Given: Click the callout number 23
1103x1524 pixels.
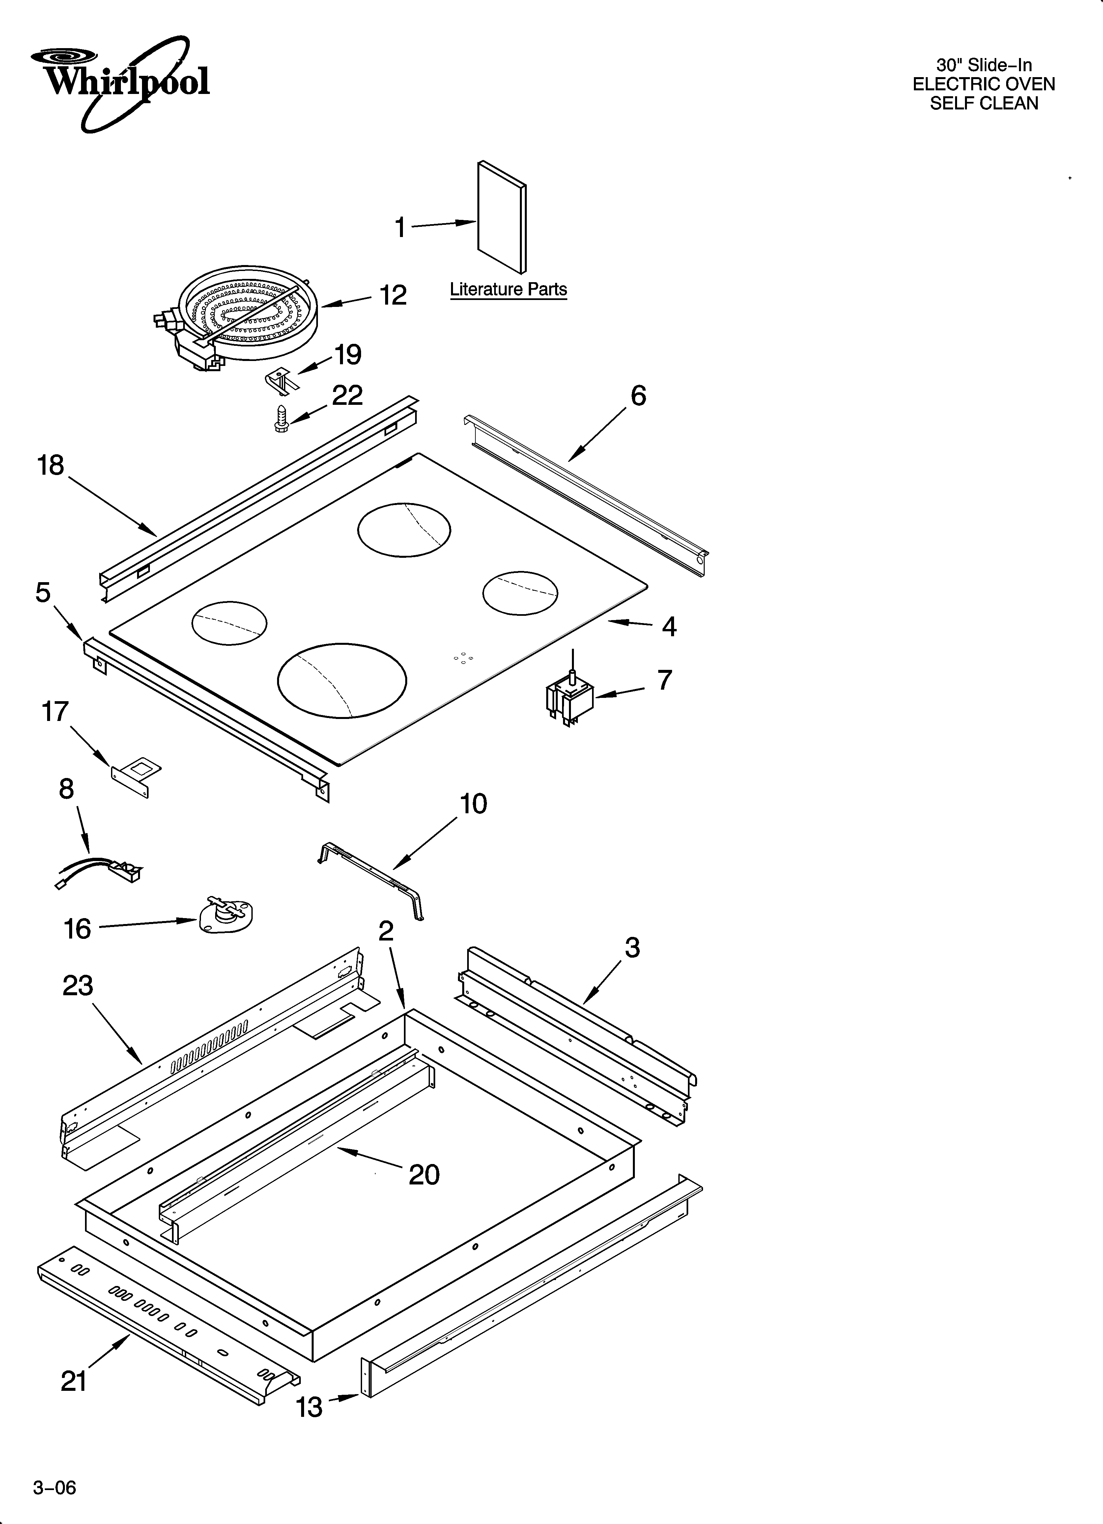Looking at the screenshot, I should pyautogui.click(x=78, y=986).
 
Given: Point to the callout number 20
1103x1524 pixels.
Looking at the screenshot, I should pyautogui.click(x=424, y=1175).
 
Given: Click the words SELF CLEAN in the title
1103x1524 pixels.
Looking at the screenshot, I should pyautogui.click(x=983, y=104).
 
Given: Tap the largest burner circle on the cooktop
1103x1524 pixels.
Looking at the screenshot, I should pyautogui.click(x=342, y=680).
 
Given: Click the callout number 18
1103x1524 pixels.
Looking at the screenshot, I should pyautogui.click(x=50, y=465).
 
